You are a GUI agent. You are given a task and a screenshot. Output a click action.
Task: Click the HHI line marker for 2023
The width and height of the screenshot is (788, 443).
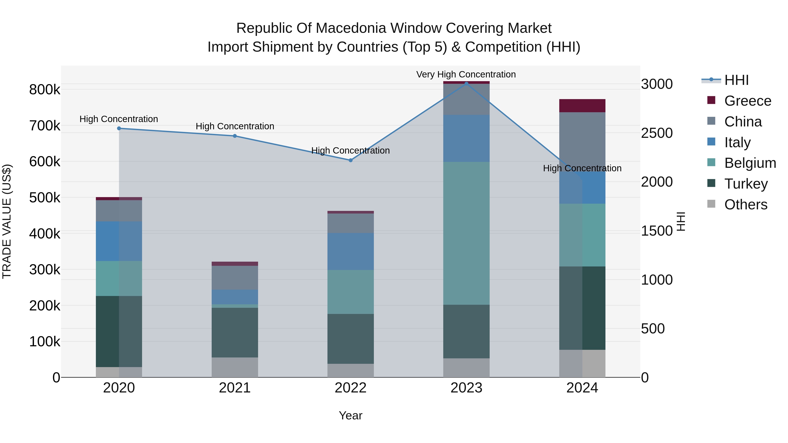pyautogui.click(x=466, y=84)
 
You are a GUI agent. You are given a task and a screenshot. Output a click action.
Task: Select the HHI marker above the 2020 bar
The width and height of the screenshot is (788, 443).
pyautogui.click(x=119, y=128)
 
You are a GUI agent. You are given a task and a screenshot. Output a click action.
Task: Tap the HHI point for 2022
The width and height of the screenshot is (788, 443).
pyautogui.click(x=351, y=160)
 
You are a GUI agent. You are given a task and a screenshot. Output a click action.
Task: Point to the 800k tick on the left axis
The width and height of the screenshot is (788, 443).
pyautogui.click(x=45, y=90)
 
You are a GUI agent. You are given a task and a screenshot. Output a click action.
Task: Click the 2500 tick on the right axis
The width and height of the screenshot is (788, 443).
pyautogui.click(x=657, y=133)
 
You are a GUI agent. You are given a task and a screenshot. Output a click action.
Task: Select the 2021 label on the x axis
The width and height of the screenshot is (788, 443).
pyautogui.click(x=235, y=388)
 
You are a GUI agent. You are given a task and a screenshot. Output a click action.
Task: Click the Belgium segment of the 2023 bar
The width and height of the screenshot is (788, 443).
pyautogui.click(x=466, y=233)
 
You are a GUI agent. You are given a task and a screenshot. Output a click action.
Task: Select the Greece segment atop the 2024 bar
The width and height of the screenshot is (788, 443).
pyautogui.click(x=582, y=106)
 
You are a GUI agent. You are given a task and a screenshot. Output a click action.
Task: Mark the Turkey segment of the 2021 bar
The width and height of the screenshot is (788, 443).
pyautogui.click(x=235, y=332)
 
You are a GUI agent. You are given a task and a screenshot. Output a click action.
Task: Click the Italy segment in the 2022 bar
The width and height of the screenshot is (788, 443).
pyautogui.click(x=351, y=251)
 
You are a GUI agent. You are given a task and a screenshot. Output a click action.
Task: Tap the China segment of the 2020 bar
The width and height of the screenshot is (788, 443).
pyautogui.click(x=119, y=211)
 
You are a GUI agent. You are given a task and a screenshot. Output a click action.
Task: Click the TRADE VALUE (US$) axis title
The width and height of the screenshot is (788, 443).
pyautogui.click(x=7, y=221)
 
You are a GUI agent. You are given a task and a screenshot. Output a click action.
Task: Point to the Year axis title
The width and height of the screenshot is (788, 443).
pyautogui.click(x=351, y=415)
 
